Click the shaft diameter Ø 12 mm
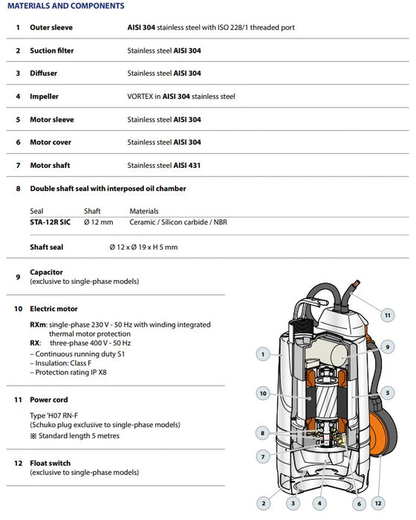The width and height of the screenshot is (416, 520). point(98,222)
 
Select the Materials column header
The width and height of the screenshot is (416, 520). point(144,211)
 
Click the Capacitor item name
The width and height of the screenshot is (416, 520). point(46,273)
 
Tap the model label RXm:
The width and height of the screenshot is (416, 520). point(39,325)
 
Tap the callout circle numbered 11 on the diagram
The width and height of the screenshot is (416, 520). point(387,315)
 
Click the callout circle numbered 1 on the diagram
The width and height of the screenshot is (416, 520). point(263,355)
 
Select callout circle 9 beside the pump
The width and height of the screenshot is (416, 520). point(387,345)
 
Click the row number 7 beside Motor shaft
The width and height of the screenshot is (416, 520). point(18,165)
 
